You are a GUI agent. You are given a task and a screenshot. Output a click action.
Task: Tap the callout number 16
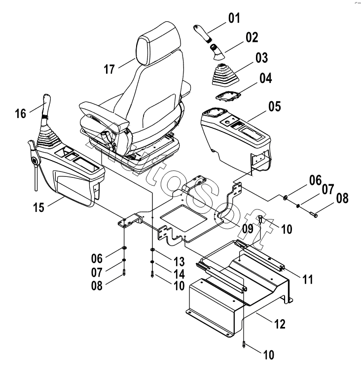point(21,113)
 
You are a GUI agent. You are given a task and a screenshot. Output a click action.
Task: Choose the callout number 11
point(307,280)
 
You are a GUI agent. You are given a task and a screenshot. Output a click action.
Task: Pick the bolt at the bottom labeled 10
point(244,345)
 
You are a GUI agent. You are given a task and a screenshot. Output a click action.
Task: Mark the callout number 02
point(252,37)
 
